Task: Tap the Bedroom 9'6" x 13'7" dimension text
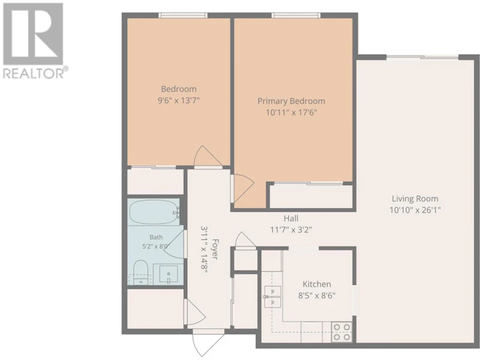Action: click(179, 100)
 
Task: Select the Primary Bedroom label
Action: click(291, 101)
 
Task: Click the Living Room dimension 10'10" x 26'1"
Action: click(415, 210)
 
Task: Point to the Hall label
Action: click(291, 218)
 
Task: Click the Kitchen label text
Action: click(317, 284)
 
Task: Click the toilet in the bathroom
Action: click(141, 272)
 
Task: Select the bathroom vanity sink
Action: click(168, 274)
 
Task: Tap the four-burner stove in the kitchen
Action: click(341, 332)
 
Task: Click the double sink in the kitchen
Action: click(272, 296)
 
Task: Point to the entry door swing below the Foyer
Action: click(206, 343)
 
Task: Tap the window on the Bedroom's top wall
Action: click(183, 16)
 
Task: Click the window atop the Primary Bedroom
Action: click(296, 16)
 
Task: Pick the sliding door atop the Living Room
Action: click(422, 57)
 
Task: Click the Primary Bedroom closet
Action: click(311, 197)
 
